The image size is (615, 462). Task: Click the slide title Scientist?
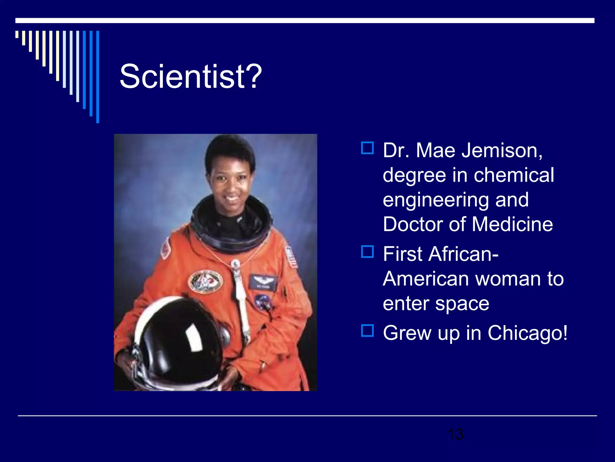click(191, 76)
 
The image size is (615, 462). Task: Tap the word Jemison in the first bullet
click(502, 150)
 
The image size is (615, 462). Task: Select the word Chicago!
click(528, 333)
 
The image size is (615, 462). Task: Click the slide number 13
click(455, 434)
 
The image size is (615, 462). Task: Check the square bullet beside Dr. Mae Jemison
click(367, 148)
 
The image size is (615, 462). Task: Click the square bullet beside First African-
click(367, 252)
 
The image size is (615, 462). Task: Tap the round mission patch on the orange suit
click(206, 282)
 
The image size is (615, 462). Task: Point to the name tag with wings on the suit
click(263, 282)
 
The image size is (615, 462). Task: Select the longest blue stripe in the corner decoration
click(98, 77)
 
